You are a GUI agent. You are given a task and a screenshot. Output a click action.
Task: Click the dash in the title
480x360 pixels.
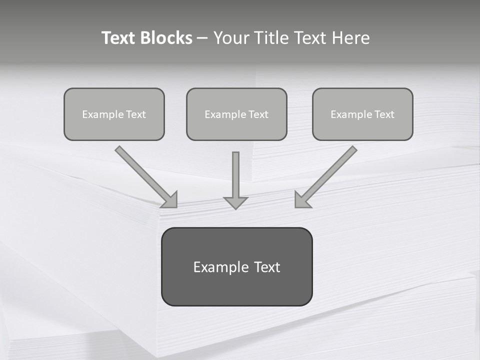[x=202, y=38]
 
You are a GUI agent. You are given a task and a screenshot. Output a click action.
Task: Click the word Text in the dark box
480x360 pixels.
[x=267, y=267]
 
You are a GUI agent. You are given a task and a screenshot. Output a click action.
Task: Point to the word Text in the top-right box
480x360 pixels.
[x=384, y=114]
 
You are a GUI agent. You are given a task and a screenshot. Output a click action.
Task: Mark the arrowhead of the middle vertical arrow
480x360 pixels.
[x=235, y=202]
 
